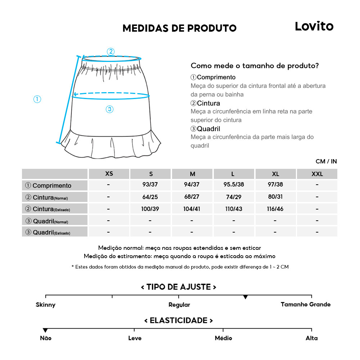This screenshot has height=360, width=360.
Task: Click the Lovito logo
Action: [314, 26]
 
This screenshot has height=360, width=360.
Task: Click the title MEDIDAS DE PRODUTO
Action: [179, 28]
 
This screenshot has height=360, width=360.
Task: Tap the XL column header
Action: [275, 174]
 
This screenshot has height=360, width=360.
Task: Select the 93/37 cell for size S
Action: [151, 185]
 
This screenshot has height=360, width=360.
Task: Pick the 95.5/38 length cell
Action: [234, 185]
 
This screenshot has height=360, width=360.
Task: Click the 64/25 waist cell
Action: [151, 197]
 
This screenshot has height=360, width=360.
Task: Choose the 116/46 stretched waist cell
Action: [275, 209]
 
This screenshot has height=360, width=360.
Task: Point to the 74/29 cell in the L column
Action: [234, 197]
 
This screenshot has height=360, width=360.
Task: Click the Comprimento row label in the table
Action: [52, 185]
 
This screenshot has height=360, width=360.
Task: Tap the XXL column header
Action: [317, 174]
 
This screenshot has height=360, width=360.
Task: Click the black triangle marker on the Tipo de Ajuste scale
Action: [246, 297]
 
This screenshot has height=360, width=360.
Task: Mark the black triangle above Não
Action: [45, 330]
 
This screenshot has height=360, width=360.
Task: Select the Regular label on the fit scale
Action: [179, 305]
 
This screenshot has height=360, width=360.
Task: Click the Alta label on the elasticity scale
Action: [312, 338]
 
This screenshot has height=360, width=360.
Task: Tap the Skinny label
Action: [46, 305]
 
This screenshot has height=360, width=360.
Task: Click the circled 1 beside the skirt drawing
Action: [37, 99]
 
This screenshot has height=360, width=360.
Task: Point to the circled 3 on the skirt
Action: [110, 109]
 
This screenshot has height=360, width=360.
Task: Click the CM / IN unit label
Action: [326, 161]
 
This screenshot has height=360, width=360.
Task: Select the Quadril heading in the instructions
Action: [205, 129]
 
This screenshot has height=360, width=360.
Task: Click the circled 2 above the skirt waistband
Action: [111, 51]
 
